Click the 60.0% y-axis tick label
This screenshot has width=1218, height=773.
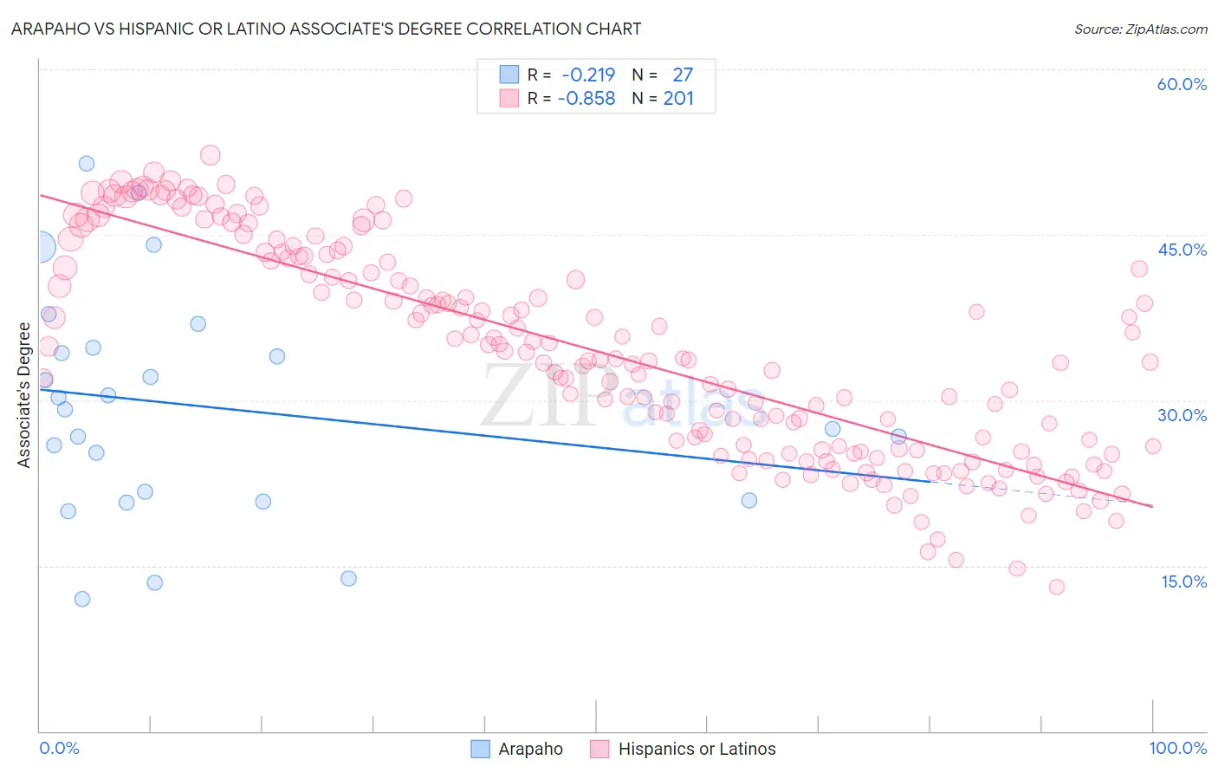click(x=1182, y=84)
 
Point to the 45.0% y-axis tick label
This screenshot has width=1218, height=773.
click(x=1182, y=250)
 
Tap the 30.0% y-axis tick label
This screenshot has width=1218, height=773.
click(x=1182, y=415)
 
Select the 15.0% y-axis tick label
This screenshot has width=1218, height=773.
click(x=1183, y=581)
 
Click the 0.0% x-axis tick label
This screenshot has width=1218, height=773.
click(x=59, y=748)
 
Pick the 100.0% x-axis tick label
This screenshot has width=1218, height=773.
click(x=1177, y=748)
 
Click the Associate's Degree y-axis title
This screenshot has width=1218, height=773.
click(x=24, y=395)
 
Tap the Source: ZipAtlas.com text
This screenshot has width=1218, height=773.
click(x=1140, y=29)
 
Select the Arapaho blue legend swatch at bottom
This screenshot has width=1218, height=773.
click(x=481, y=749)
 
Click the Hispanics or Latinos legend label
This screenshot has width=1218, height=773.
click(x=696, y=749)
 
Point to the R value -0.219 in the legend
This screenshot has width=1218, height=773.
click(x=588, y=75)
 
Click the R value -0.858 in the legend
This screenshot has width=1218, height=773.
click(x=586, y=99)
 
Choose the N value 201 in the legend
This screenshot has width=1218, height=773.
click(x=678, y=99)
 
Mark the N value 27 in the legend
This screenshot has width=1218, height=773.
click(x=683, y=75)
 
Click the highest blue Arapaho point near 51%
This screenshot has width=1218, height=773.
click(x=87, y=164)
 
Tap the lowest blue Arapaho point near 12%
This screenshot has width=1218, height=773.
click(x=82, y=599)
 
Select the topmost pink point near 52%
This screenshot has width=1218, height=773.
click(x=211, y=155)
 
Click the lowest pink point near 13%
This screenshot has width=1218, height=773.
click(x=1056, y=587)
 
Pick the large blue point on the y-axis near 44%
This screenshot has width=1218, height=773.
click(x=40, y=247)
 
